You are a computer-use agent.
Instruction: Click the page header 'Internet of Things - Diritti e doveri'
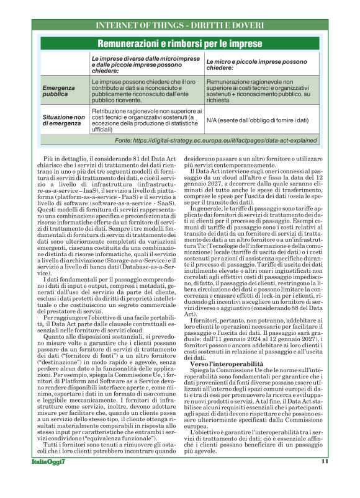point(180,25)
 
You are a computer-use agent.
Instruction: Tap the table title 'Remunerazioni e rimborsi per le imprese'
point(179,43)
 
